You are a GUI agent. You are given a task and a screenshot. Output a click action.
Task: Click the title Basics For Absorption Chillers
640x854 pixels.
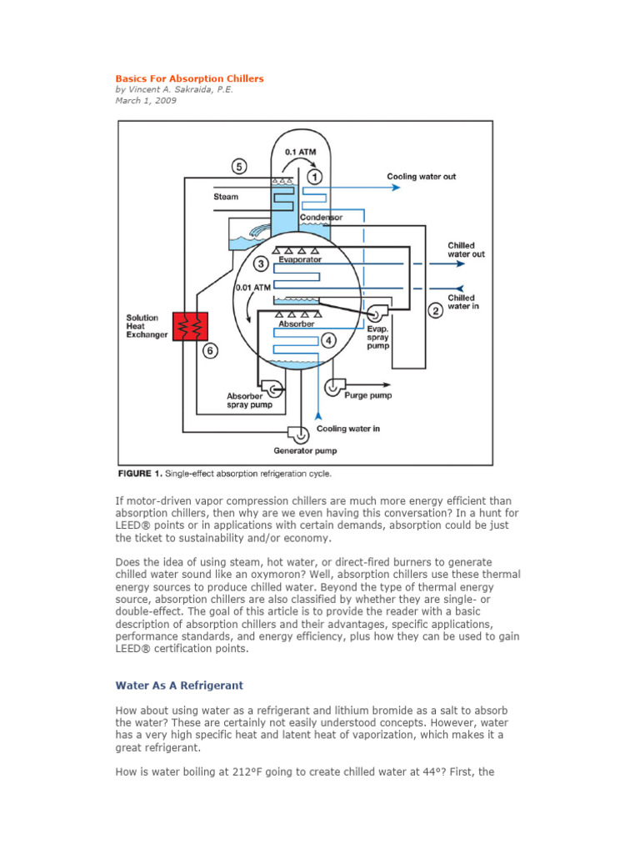pos(189,78)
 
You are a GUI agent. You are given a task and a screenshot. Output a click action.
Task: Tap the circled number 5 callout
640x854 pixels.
pos(239,167)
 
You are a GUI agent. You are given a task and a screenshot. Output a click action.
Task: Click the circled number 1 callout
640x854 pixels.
pos(314,177)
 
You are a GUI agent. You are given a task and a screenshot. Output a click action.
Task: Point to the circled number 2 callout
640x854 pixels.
pos(435,311)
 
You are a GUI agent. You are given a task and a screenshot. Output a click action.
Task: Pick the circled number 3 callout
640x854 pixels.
pos(261,264)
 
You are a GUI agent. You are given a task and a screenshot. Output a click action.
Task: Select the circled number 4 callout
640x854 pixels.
pos(330,340)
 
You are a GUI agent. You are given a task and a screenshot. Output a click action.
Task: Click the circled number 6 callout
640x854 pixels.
pos(211,351)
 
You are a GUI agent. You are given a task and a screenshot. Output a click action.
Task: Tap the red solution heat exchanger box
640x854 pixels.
pos(190,326)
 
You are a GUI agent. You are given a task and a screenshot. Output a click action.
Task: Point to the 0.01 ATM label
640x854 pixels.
pos(253,287)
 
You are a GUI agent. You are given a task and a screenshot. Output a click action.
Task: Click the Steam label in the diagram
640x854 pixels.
pos(226,198)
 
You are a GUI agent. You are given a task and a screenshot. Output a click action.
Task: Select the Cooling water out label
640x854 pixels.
pos(421,177)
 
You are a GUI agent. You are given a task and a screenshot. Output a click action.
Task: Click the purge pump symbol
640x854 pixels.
pos(334,386)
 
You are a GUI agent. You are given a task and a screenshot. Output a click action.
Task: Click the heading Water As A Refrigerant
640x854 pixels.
pos(179,686)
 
